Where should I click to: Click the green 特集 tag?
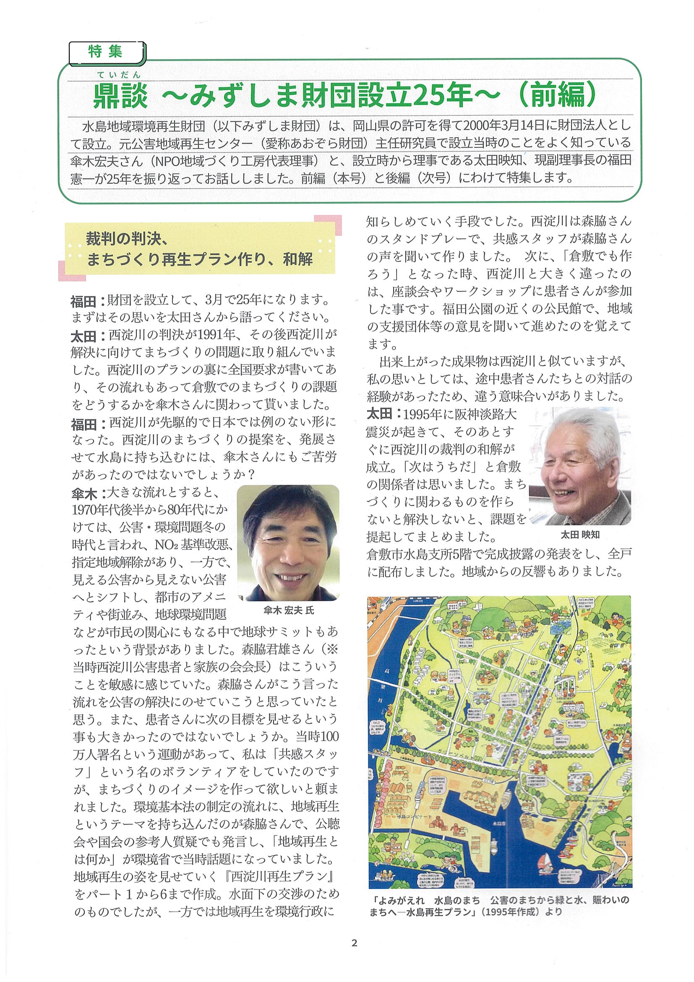pyautogui.click(x=106, y=52)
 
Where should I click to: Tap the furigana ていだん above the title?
pyautogui.click(x=118, y=75)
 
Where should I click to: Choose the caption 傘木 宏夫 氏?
pyautogui.click(x=289, y=610)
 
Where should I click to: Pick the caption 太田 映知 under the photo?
pyautogui.click(x=580, y=535)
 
